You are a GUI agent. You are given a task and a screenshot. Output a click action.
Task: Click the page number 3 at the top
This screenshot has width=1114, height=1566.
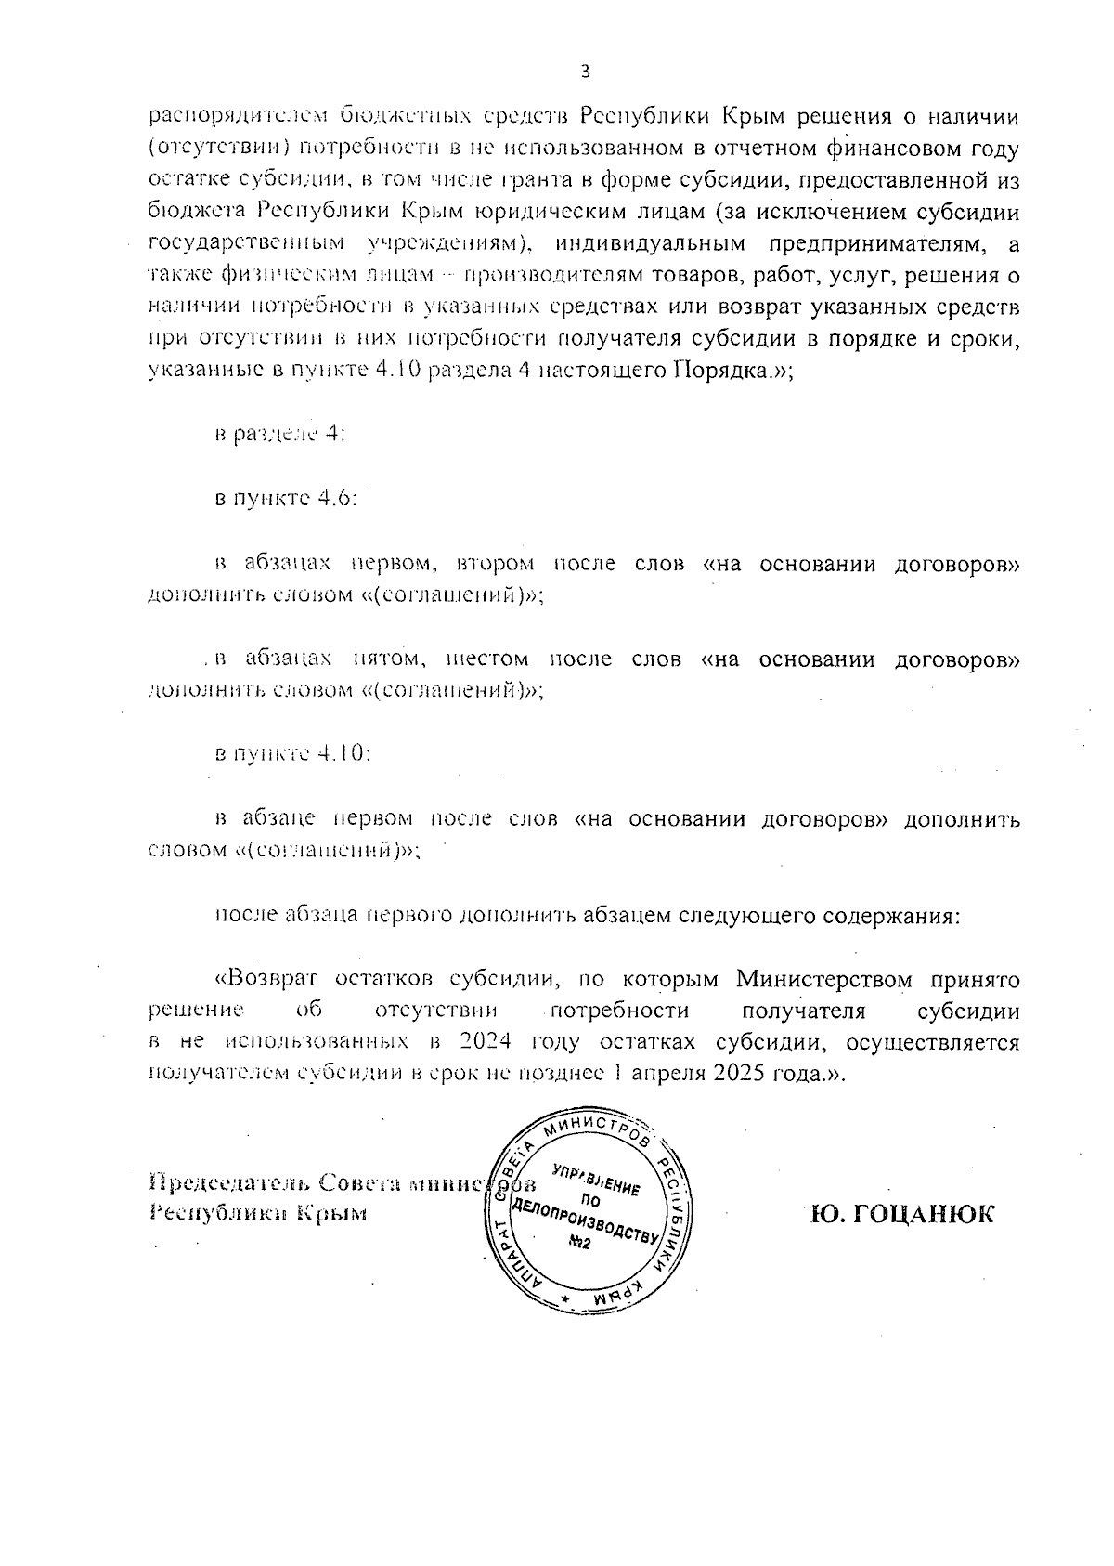click(x=584, y=72)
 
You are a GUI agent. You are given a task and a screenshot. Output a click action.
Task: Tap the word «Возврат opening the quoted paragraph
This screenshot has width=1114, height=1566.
click(x=266, y=980)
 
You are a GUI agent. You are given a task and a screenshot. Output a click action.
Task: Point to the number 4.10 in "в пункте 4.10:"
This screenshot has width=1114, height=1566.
click(x=343, y=753)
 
